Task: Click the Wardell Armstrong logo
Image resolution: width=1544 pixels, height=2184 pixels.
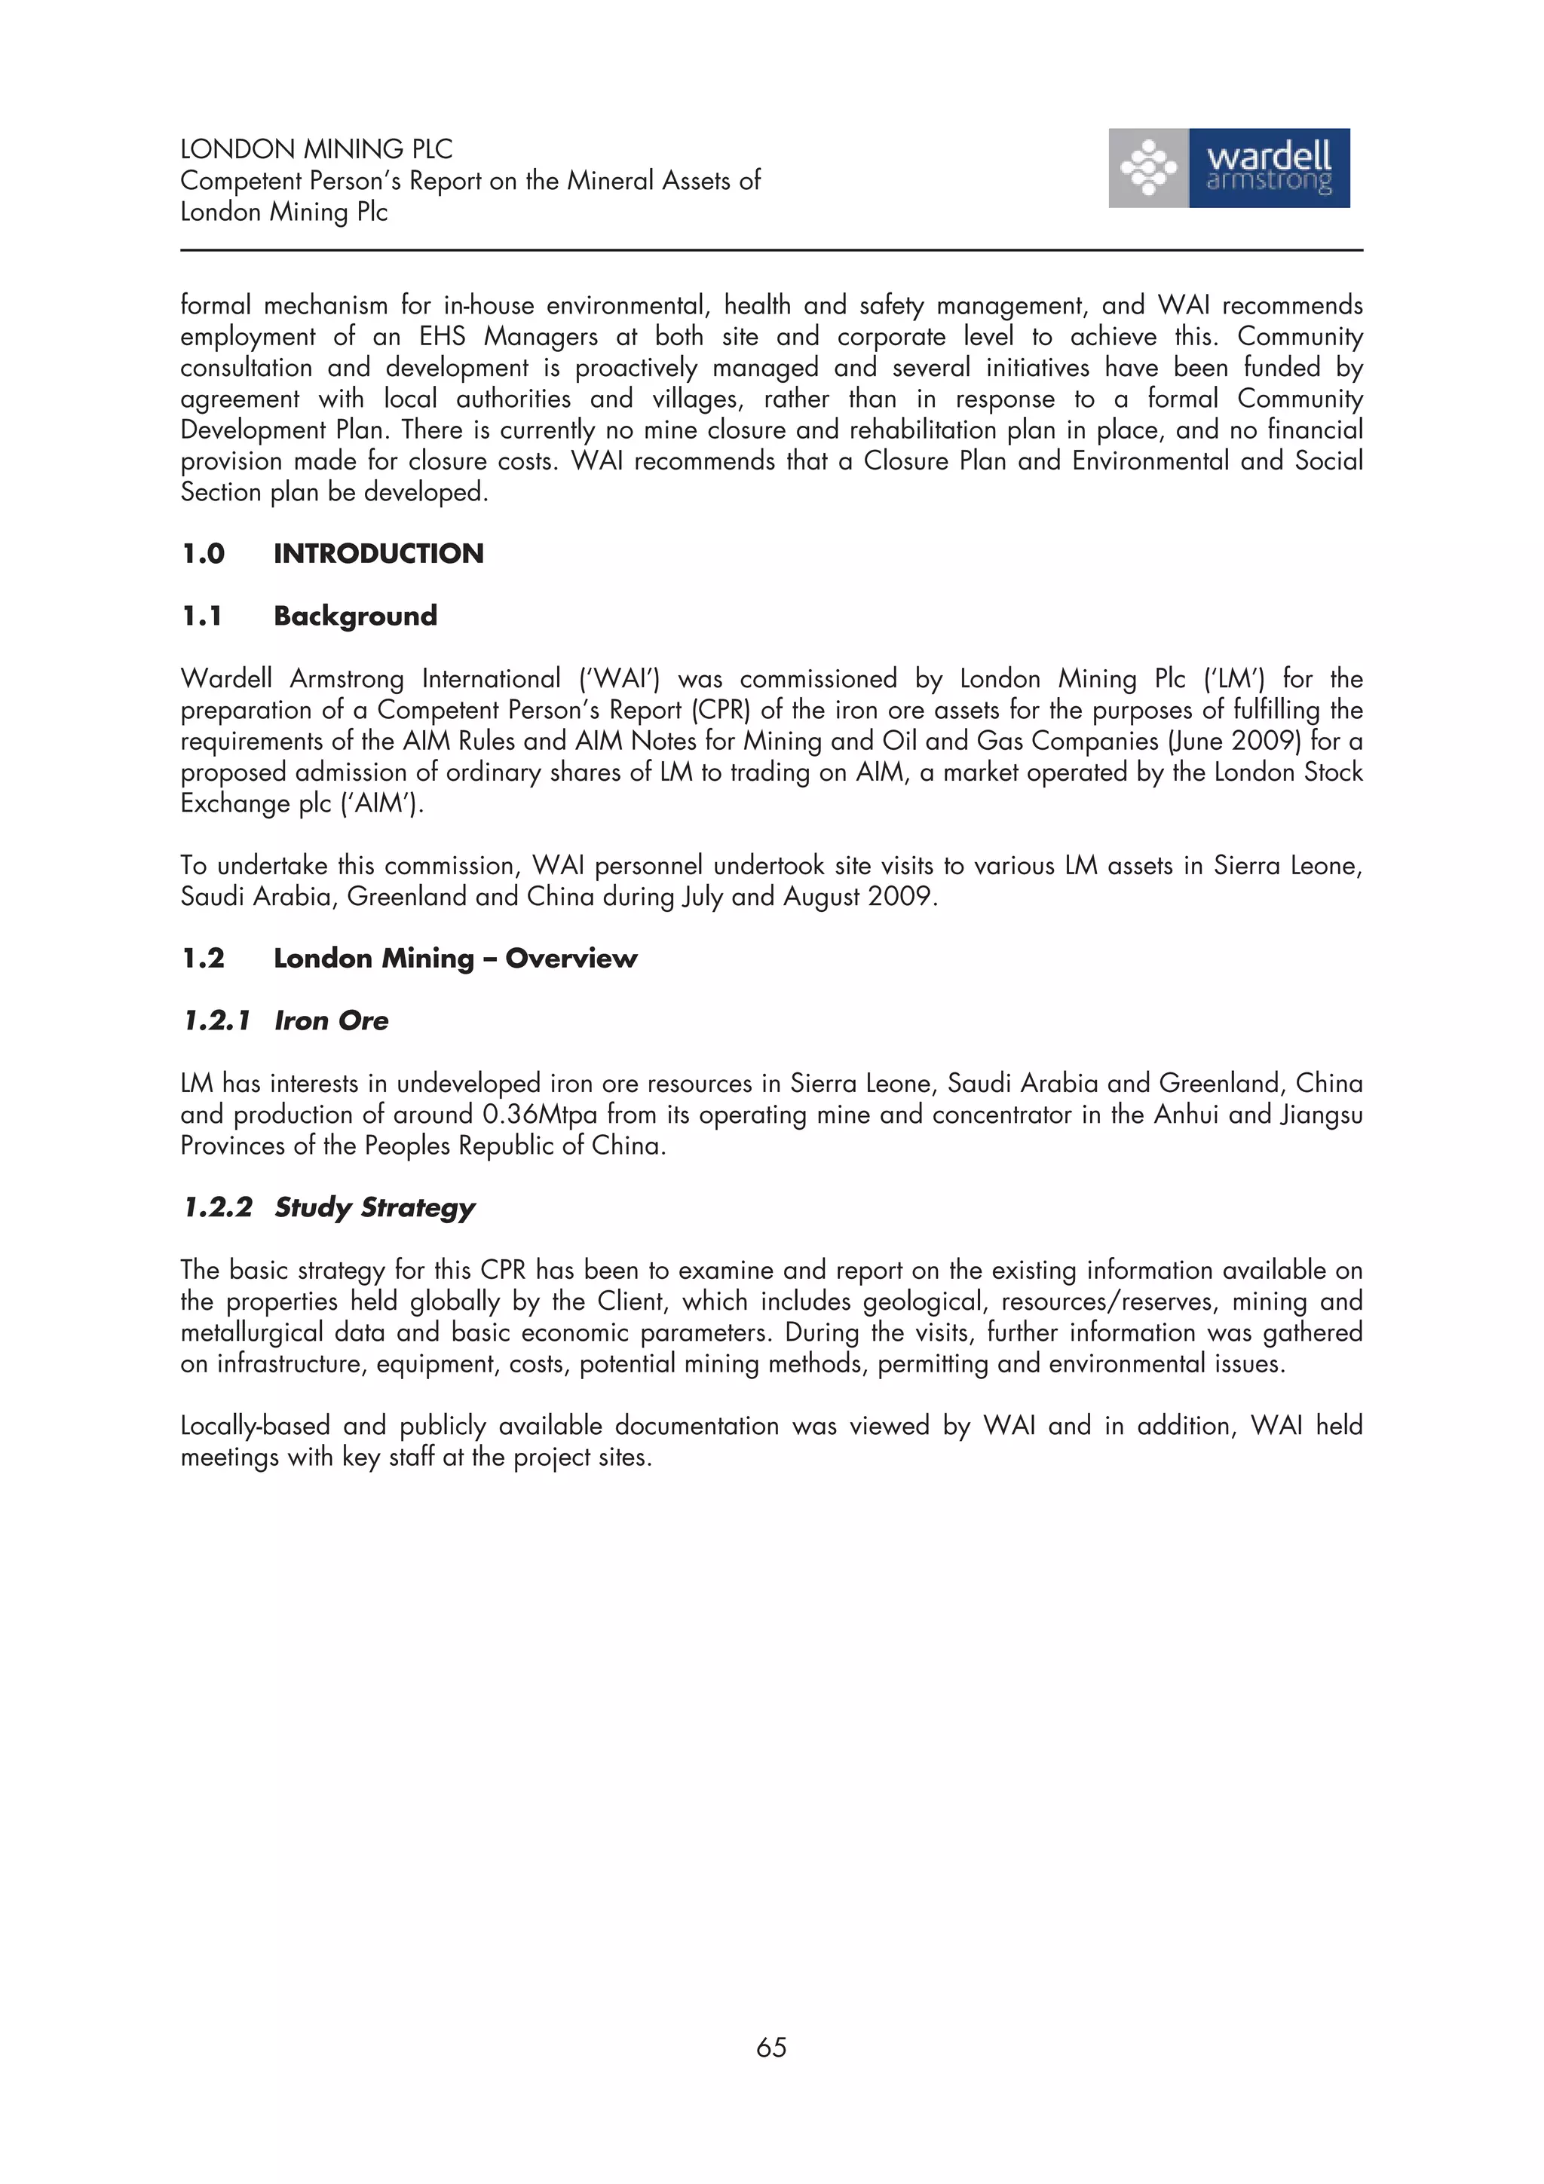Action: click(x=1228, y=168)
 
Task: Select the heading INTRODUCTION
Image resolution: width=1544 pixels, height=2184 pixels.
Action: click(x=378, y=554)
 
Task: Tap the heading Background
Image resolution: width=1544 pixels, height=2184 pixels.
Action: click(x=355, y=616)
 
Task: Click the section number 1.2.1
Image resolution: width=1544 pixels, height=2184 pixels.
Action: click(x=216, y=1020)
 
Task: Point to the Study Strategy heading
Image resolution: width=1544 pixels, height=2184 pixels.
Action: click(x=374, y=1207)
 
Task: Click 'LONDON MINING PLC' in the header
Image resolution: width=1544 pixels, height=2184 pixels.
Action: click(x=316, y=149)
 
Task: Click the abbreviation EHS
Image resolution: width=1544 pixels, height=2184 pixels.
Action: click(x=443, y=337)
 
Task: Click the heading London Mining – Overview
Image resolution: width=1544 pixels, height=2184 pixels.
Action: click(x=455, y=959)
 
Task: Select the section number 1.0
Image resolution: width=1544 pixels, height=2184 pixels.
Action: click(x=203, y=554)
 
